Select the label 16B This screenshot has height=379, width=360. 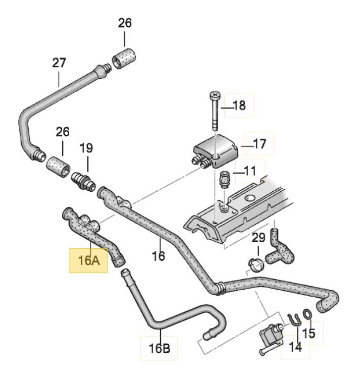pos(159,348)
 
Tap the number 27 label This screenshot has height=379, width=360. pos(59,63)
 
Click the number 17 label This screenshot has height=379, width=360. pos(259,144)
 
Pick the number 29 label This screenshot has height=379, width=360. pos(258,237)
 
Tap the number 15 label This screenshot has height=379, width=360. pos(308,333)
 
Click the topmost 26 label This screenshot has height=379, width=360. pos(125,23)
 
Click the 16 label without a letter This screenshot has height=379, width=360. pos(159,256)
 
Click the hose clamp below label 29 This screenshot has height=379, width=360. pos(257,264)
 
